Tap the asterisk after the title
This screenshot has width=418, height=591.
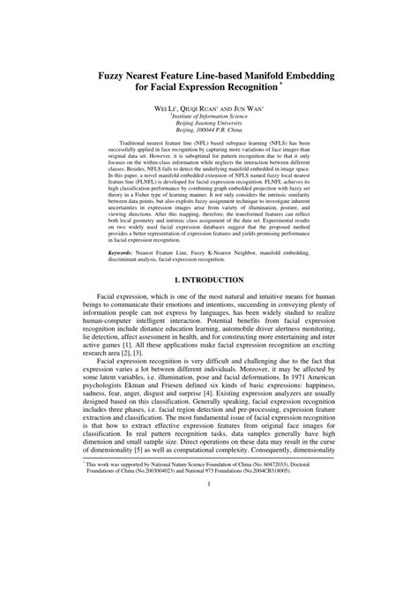[282, 86]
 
